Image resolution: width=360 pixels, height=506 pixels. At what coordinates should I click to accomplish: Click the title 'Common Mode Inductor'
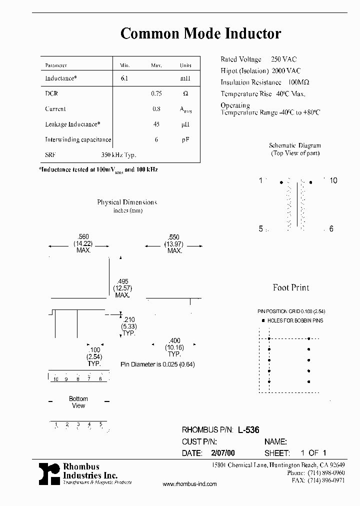coord(200,34)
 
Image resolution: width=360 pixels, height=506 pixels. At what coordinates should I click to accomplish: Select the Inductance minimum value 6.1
coord(124,78)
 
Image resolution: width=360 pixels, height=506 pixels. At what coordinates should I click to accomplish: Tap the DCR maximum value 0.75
coord(156,93)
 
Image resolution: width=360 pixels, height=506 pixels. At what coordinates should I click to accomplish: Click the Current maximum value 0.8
coord(156,109)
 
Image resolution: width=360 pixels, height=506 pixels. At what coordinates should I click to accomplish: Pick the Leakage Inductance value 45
coord(156,124)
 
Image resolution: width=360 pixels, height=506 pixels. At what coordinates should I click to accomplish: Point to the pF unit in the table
coord(185,140)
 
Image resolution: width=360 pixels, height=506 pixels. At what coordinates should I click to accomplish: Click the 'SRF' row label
coord(49,155)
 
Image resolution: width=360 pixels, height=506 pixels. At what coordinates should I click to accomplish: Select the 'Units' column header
coord(185,65)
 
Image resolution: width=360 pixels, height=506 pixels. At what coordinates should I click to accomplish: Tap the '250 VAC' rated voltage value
coord(283,59)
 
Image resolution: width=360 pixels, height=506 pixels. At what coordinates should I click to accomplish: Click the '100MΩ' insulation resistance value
coord(297,82)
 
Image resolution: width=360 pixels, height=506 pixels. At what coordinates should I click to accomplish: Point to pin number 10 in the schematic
coord(333,180)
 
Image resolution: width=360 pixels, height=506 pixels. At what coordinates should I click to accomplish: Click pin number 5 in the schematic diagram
coord(261,228)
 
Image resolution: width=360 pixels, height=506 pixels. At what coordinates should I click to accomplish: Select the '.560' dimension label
coord(83,236)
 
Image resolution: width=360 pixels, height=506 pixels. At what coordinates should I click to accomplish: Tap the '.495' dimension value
coord(122,281)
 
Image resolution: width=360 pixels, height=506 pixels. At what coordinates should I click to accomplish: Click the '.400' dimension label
coord(174,340)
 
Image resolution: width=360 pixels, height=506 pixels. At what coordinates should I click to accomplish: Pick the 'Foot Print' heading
coord(291,287)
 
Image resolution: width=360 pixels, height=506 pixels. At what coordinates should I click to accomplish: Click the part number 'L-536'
coord(248,429)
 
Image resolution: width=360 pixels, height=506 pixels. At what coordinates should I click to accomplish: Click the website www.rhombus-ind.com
coord(190,484)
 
